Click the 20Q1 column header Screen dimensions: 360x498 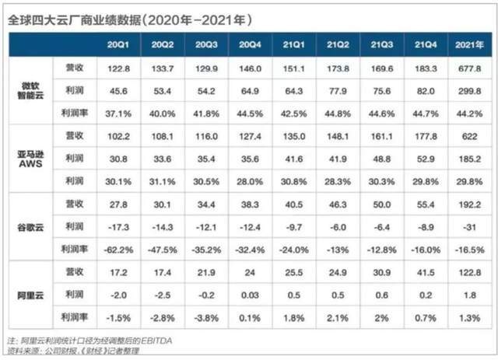click(x=117, y=44)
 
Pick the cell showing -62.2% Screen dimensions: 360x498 click(x=117, y=250)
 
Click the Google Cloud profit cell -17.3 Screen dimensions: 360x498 click(x=117, y=227)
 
